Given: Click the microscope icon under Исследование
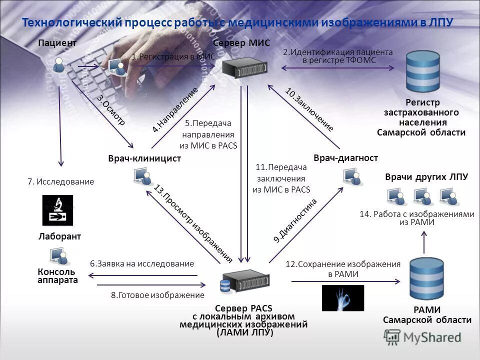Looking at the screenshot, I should (57, 210).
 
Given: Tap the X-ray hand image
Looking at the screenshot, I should (342, 298).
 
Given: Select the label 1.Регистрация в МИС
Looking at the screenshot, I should (173, 57).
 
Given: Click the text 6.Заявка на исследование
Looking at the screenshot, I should (141, 263).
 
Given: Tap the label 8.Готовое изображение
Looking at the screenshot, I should (157, 295).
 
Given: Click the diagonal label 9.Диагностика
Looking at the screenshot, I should (295, 220).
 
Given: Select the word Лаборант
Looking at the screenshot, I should (59, 236).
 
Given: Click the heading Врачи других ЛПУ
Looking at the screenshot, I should (426, 176).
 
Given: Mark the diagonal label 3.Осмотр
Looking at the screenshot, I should (110, 109).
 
